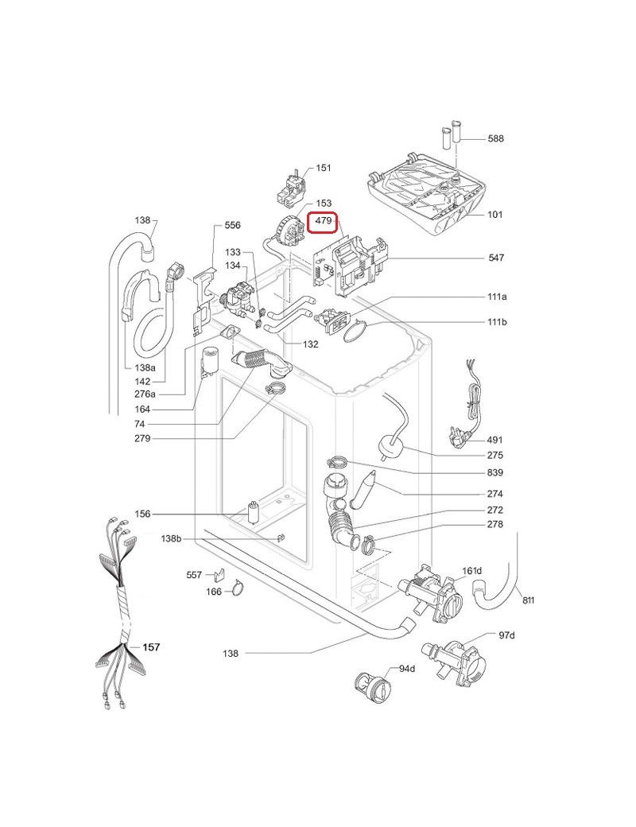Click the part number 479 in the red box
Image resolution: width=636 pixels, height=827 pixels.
pyautogui.click(x=323, y=220)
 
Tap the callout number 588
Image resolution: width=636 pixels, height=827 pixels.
pyautogui.click(x=495, y=138)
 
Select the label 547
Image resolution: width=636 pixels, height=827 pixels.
pyautogui.click(x=496, y=258)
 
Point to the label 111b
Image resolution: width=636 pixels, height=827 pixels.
pyautogui.click(x=497, y=322)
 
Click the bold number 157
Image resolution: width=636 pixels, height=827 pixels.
pyautogui.click(x=151, y=647)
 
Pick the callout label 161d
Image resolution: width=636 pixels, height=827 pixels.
pyautogui.click(x=472, y=571)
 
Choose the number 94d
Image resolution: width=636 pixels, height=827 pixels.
pyautogui.click(x=406, y=669)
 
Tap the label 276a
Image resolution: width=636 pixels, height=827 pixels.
pyautogui.click(x=145, y=394)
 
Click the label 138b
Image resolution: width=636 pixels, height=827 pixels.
pyautogui.click(x=171, y=538)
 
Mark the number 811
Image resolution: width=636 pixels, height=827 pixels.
pyautogui.click(x=528, y=600)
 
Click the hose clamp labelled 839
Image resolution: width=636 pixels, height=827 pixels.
pyautogui.click(x=335, y=462)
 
